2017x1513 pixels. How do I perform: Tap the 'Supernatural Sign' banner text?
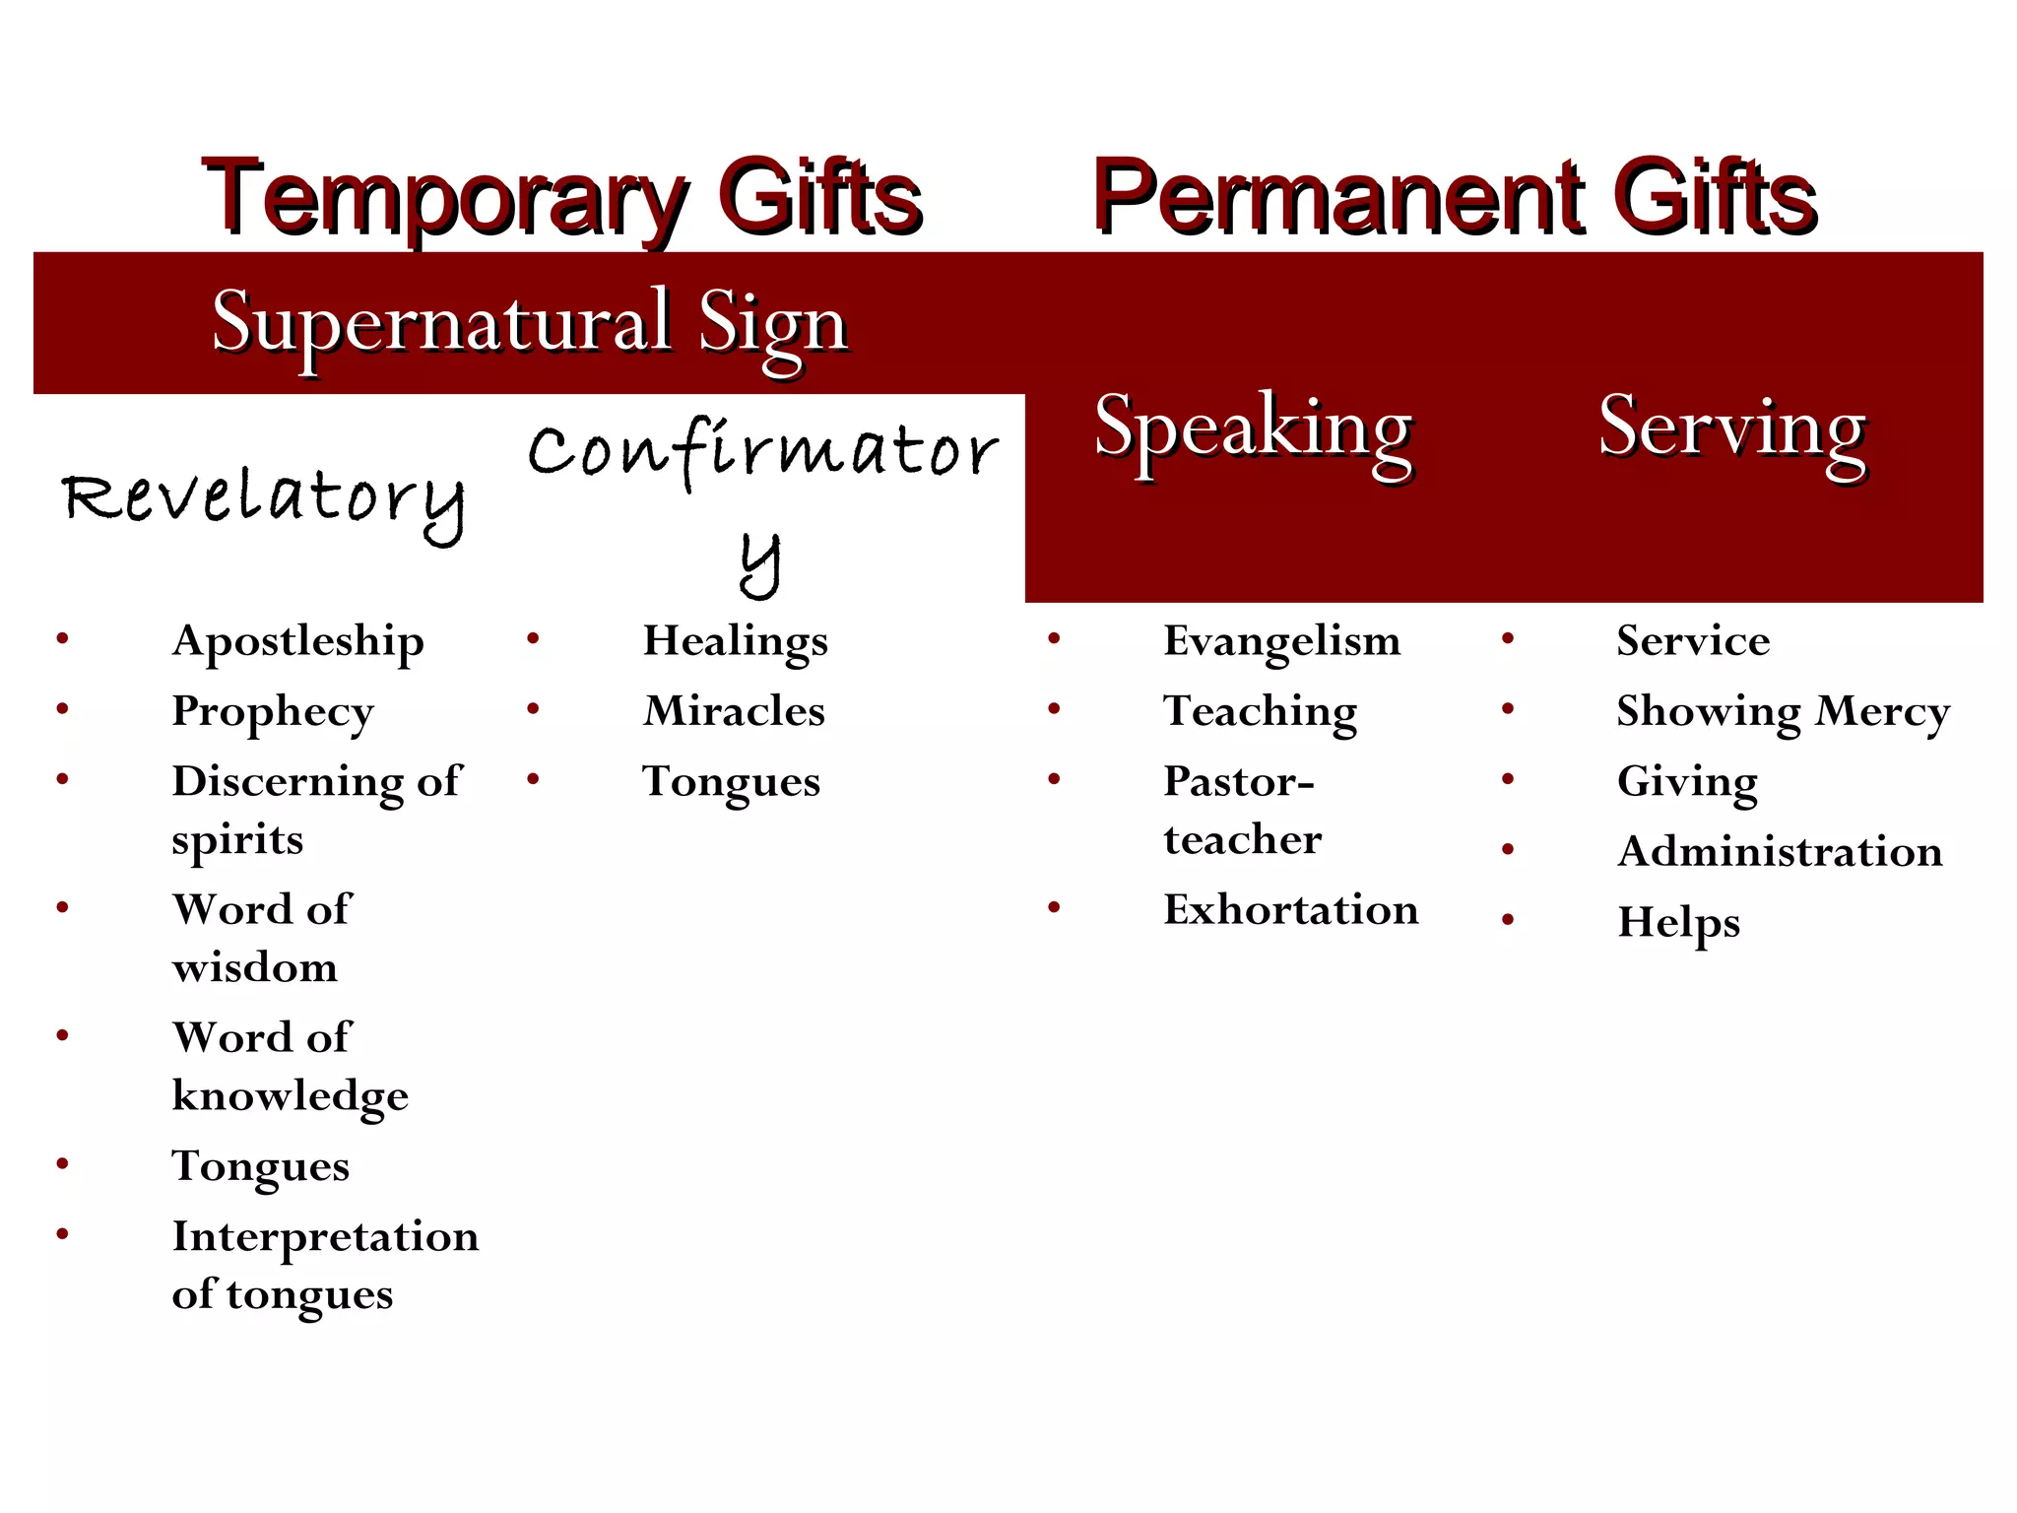530,323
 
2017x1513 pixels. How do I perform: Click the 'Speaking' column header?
1253,428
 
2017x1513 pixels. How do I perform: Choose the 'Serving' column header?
1731,428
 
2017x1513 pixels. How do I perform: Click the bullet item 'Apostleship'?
297,642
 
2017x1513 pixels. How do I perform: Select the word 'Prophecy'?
273,712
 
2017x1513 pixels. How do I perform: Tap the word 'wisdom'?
255,967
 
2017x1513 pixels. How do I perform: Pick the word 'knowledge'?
291,1096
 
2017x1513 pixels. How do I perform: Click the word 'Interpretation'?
325,1237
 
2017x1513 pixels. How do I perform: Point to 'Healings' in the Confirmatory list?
735,642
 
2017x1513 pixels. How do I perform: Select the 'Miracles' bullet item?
734,711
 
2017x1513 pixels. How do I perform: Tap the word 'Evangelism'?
1281,641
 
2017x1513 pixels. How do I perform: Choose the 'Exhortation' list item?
1291,909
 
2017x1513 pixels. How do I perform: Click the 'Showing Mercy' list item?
1783,712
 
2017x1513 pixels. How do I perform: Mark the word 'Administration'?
1780,852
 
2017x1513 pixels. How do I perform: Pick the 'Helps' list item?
1678,923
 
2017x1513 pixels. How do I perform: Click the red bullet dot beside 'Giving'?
1508,780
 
